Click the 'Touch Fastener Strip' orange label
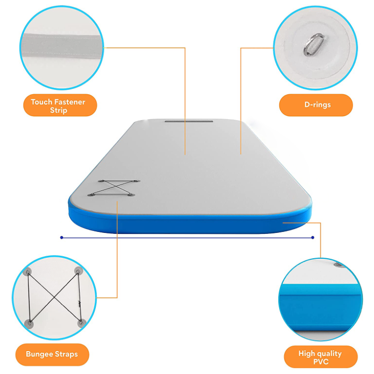pos(60,105)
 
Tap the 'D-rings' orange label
pos(316,105)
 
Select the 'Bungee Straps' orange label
pos(52,355)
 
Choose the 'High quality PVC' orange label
pos(321,357)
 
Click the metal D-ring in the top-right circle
pos(314,44)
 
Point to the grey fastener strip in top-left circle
pos(62,46)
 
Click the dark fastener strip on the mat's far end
pos(189,121)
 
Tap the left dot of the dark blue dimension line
pos(61,237)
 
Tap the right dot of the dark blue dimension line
pos(313,237)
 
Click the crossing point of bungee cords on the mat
pos(114,187)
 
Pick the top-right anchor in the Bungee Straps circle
pos(78,271)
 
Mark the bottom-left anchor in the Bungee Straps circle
pos(29,324)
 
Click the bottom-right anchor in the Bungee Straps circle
pos(81,324)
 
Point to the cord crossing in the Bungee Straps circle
pos(55,297)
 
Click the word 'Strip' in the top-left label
pos(59,110)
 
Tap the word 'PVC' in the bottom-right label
pos(321,362)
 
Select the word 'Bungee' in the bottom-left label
pos(38,355)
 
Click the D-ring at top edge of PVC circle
pos(338,265)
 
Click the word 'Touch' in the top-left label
pos(41,102)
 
